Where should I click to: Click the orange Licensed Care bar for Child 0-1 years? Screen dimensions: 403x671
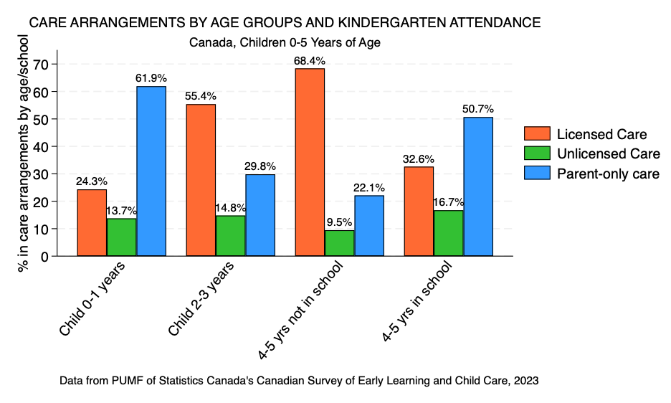point(92,222)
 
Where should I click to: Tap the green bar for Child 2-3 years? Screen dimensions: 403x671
point(231,235)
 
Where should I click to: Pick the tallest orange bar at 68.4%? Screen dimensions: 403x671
point(310,162)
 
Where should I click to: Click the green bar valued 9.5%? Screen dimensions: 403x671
point(339,243)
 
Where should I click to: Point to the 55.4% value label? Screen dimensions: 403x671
point(201,96)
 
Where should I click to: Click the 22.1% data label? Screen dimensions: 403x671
point(369,187)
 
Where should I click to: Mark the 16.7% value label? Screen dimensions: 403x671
point(448,202)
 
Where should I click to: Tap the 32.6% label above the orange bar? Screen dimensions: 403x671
point(419,158)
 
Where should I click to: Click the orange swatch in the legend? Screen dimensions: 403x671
point(537,134)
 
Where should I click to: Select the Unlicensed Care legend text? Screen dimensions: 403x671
point(608,153)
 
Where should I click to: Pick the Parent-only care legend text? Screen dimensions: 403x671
point(608,174)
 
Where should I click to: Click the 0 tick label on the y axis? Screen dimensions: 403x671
point(44,257)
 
